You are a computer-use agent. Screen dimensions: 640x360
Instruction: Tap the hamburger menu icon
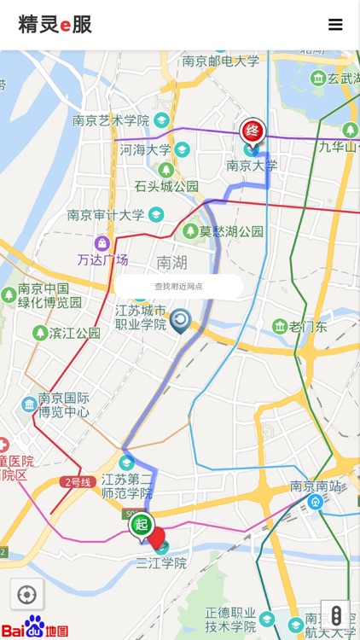click(335, 25)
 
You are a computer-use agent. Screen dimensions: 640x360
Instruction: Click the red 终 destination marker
click(253, 131)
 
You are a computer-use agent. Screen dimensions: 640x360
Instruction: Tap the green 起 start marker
click(142, 525)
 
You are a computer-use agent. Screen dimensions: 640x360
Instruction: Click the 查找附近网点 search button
click(179, 286)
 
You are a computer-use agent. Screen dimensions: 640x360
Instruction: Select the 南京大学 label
click(252, 166)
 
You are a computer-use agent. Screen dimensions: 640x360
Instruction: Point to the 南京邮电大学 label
click(220, 61)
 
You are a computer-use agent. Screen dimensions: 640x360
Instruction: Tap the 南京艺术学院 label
click(111, 120)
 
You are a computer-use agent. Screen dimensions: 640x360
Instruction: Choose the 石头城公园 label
click(166, 186)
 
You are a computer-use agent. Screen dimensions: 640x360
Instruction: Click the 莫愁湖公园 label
click(230, 231)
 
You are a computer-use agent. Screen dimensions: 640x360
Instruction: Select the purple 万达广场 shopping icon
click(102, 244)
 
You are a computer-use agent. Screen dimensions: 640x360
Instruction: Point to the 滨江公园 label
click(75, 333)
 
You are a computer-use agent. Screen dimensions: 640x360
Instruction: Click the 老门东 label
click(308, 327)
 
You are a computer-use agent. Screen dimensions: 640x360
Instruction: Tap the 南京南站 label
click(315, 486)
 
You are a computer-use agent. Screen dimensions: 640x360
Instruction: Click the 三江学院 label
click(161, 563)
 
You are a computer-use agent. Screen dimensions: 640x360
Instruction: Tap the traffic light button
click(336, 614)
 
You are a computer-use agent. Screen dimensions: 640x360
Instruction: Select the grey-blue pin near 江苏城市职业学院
click(180, 321)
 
